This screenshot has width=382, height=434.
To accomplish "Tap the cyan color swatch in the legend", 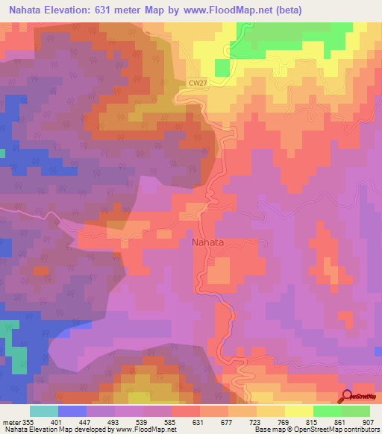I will [43, 411].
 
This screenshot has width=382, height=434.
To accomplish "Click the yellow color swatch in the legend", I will [298, 411].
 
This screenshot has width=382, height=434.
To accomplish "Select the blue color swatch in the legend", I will [72, 411].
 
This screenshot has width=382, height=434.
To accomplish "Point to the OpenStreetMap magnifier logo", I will [347, 396].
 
